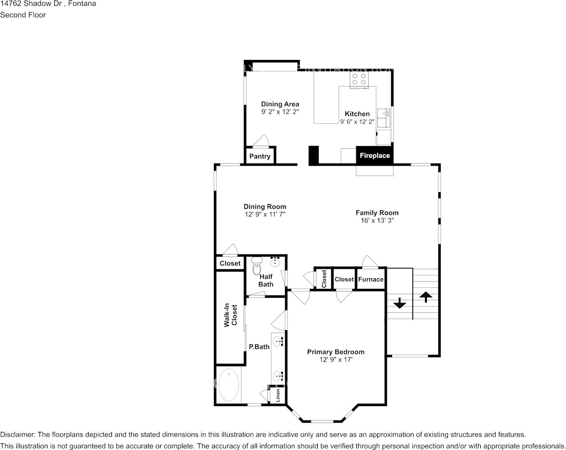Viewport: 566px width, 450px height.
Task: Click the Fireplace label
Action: pyautogui.click(x=374, y=156)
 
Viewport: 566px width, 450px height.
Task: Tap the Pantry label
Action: pyautogui.click(x=260, y=157)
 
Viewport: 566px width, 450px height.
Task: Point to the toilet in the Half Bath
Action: pyautogui.click(x=257, y=265)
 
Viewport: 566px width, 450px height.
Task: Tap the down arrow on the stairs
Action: pyautogui.click(x=399, y=303)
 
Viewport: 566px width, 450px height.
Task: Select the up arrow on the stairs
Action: pyautogui.click(x=425, y=296)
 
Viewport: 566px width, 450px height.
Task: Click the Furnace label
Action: pyautogui.click(x=371, y=279)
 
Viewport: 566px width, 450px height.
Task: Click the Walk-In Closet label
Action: pyautogui.click(x=231, y=315)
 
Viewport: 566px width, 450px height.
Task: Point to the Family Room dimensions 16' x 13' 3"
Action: pyautogui.click(x=377, y=221)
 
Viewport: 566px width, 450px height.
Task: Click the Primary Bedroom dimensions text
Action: pyautogui.click(x=336, y=360)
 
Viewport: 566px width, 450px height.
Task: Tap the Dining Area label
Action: pyautogui.click(x=280, y=104)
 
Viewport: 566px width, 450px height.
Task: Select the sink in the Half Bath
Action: pyautogui.click(x=275, y=261)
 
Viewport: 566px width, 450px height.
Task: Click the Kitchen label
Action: pyautogui.click(x=357, y=114)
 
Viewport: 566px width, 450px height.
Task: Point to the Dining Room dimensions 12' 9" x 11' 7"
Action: pyautogui.click(x=265, y=215)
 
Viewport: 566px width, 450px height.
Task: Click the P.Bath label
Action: pyautogui.click(x=259, y=347)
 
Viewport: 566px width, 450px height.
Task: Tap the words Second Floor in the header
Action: pyautogui.click(x=23, y=15)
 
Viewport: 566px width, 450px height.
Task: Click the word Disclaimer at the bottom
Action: pyautogui.click(x=17, y=435)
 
